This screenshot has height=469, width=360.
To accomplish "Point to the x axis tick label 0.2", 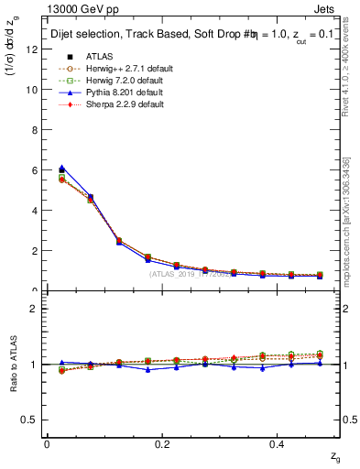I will tap(163, 443).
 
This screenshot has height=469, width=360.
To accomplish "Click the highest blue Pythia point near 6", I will tap(61, 168).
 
